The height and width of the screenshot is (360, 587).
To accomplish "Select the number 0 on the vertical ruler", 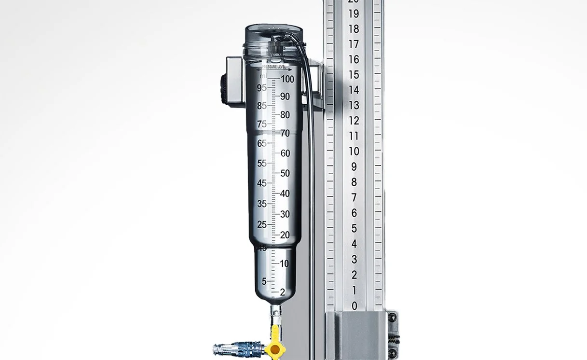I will [x=355, y=305].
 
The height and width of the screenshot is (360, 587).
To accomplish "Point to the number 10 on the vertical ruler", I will [x=354, y=151].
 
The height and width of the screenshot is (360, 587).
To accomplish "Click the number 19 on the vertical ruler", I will [x=354, y=14].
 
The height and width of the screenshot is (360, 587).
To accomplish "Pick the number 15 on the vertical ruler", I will [x=354, y=75].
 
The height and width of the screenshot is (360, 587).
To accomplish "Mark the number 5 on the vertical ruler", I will [x=355, y=228].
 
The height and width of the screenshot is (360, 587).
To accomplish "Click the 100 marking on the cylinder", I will [x=287, y=79].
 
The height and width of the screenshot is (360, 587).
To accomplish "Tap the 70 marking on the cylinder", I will [x=285, y=134].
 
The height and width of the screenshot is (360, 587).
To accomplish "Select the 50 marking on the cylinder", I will [x=285, y=173].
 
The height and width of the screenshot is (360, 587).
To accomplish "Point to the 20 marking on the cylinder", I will [x=285, y=235].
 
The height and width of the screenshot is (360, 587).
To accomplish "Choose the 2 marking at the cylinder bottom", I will [x=283, y=292].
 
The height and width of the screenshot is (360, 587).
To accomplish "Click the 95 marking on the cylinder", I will [x=262, y=88].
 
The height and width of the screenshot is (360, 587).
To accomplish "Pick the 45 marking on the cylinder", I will [x=262, y=183].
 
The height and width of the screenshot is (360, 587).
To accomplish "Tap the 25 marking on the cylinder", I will [x=262, y=224].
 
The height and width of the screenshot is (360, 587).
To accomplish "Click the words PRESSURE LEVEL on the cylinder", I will [x=277, y=68].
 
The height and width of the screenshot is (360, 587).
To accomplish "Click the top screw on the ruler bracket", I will [x=393, y=317].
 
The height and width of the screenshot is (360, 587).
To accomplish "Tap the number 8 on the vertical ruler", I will [x=355, y=182].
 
